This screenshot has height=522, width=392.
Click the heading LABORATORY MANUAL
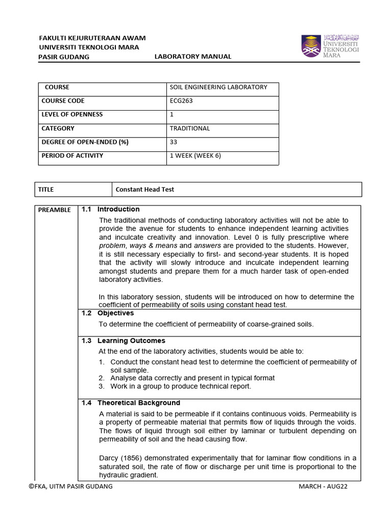193,57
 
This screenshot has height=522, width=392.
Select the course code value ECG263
182,101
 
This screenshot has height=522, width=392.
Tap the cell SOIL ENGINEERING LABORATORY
218,87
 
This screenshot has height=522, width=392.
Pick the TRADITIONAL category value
189,128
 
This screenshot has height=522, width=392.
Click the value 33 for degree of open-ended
174,142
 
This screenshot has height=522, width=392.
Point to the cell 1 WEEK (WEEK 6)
195,156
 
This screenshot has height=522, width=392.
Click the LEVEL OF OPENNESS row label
72,115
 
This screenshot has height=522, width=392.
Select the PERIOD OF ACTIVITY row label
72,156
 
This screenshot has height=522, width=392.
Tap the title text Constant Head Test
144,190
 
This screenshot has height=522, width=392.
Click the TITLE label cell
46,190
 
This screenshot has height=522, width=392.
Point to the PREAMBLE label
55,210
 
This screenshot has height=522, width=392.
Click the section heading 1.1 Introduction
110,210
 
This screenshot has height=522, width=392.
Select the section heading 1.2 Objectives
108,313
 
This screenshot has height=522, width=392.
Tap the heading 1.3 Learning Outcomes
123,341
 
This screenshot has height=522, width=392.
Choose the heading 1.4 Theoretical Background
131,403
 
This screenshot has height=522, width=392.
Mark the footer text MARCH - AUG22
323,486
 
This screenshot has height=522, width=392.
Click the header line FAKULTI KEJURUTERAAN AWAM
92,38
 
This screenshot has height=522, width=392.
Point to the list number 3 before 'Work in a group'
102,386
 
